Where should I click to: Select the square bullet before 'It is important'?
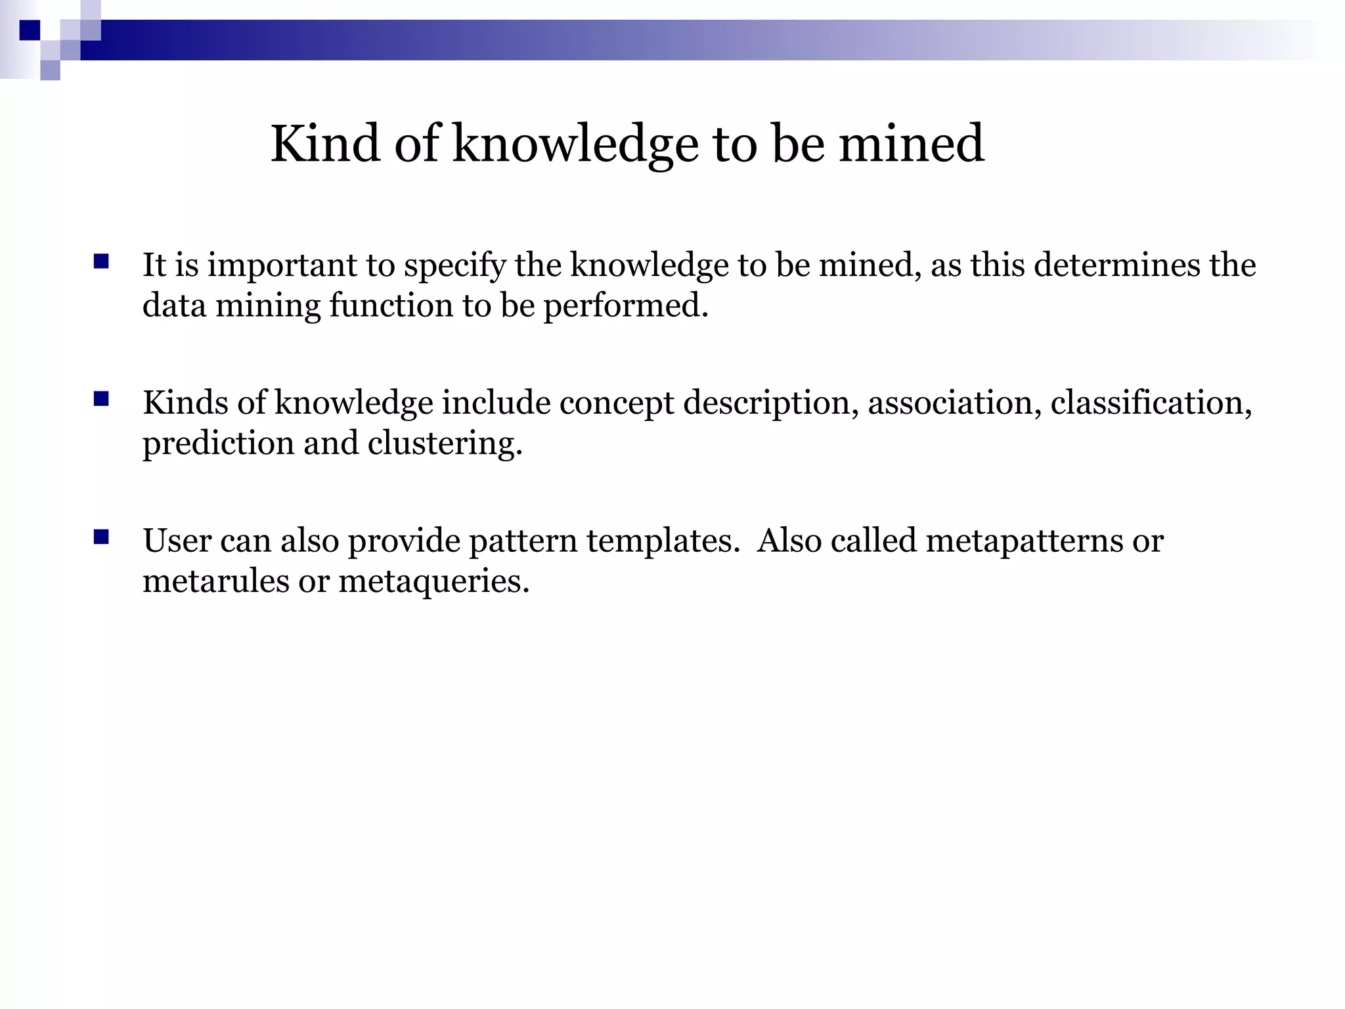click(101, 262)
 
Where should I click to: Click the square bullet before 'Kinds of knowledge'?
click(101, 399)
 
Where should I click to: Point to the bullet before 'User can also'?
click(101, 537)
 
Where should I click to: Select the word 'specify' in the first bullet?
click(454, 267)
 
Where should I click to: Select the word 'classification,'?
click(1151, 403)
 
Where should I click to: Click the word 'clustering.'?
click(445, 444)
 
